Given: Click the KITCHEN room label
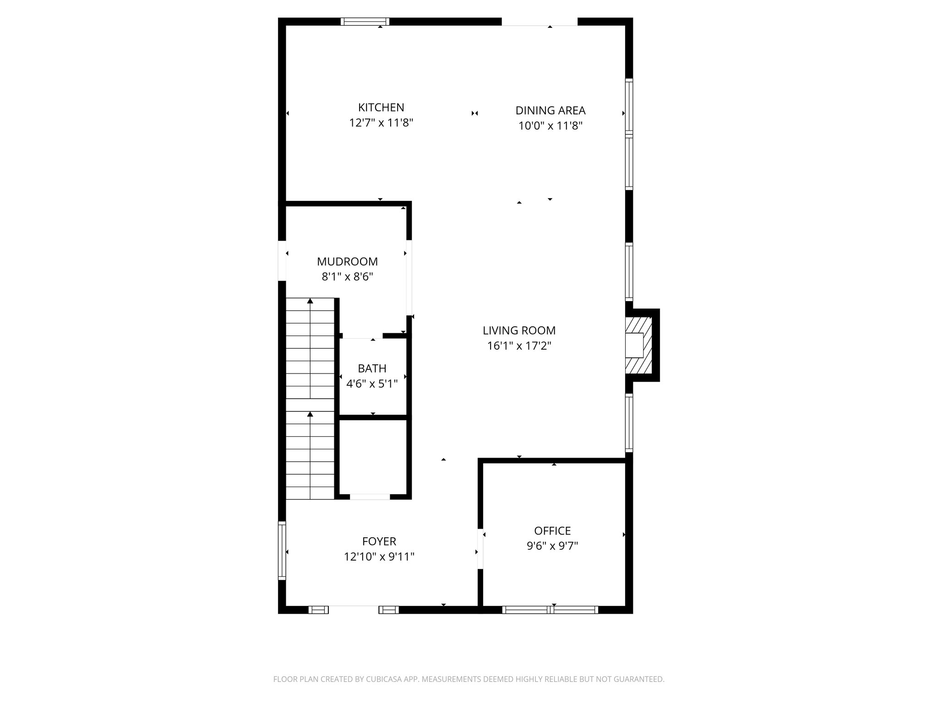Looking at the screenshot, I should [x=381, y=108].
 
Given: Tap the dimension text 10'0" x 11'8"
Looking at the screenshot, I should [x=550, y=126].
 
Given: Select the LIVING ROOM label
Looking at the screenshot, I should [x=519, y=330].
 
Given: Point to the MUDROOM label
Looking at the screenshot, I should [x=347, y=262].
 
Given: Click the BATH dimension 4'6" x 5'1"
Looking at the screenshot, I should [x=372, y=384].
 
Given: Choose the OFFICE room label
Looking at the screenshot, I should [x=552, y=531].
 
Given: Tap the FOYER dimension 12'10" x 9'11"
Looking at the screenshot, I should [x=379, y=557].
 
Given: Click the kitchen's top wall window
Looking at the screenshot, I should [x=365, y=22].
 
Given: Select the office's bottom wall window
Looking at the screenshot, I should [x=550, y=610].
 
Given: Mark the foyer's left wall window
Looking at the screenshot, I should [x=282, y=551].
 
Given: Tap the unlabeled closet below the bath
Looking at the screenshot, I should [x=372, y=457].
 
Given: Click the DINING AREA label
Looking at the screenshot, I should [x=550, y=111].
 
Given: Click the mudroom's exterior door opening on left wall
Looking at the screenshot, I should [x=282, y=261].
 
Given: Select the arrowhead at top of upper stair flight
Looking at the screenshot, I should [x=310, y=301].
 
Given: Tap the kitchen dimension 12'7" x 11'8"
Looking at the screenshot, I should [x=381, y=123].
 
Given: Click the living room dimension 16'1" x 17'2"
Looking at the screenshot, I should [x=519, y=346].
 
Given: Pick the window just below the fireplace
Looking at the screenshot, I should [x=629, y=423].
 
